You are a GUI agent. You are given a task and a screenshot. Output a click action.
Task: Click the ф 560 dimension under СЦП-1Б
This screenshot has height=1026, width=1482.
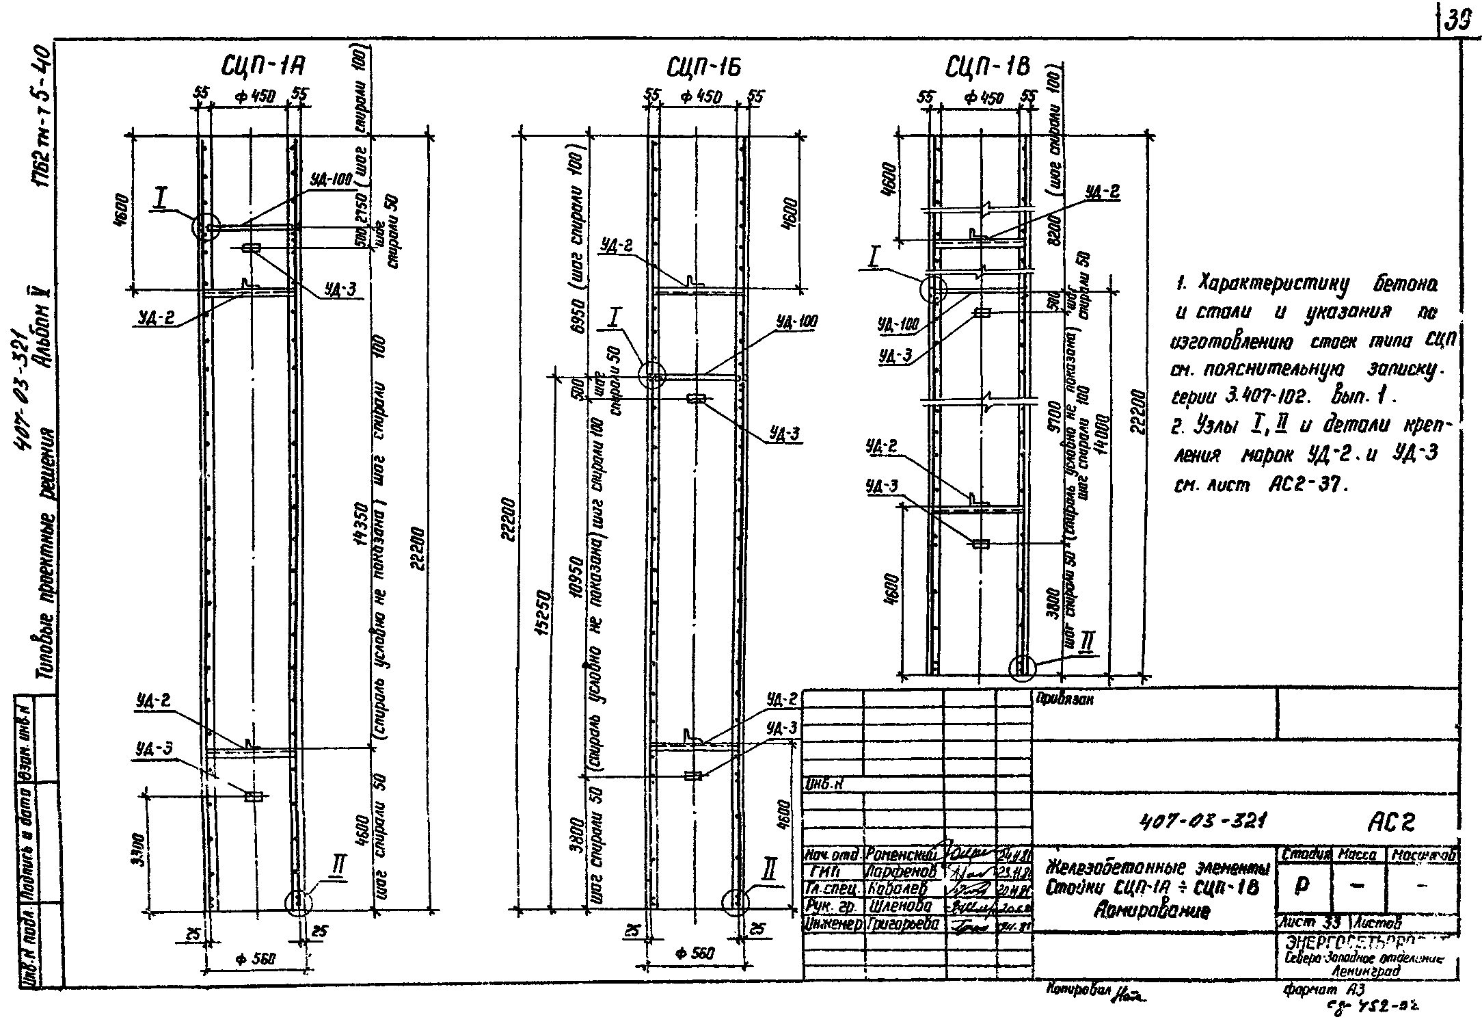[x=696, y=953]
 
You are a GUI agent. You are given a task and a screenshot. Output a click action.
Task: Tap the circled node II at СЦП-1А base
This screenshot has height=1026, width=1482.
[x=299, y=902]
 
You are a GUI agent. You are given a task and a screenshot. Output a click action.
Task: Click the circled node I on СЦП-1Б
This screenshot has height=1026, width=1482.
[x=651, y=376]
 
